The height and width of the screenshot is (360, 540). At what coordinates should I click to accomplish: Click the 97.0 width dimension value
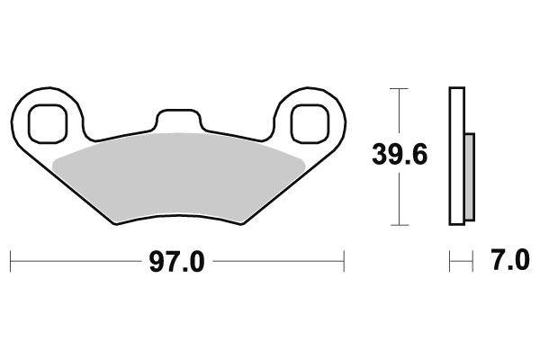(x=177, y=262)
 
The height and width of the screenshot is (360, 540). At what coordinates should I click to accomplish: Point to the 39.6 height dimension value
(x=400, y=154)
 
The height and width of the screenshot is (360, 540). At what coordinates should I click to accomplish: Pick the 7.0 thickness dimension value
(x=510, y=262)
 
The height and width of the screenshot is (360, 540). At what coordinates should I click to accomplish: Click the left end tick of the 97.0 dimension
(x=11, y=262)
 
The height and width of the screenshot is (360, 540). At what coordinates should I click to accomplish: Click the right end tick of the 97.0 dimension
(x=344, y=262)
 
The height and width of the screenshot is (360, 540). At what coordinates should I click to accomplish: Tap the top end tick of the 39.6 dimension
(x=399, y=88)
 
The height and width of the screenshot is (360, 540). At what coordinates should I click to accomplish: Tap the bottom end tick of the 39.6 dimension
(x=399, y=224)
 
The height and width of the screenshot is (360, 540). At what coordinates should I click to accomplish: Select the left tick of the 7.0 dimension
(x=450, y=262)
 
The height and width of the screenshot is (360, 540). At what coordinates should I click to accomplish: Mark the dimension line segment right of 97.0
(x=279, y=262)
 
